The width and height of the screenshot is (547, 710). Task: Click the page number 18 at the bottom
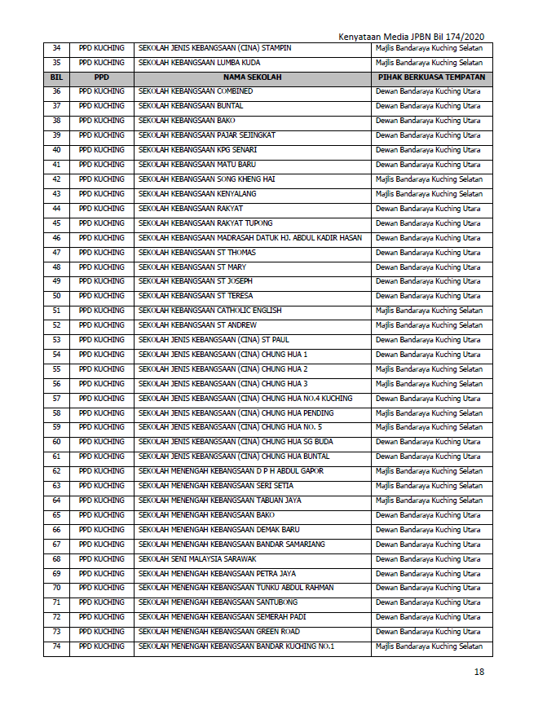479,673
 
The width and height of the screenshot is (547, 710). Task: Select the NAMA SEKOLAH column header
252,77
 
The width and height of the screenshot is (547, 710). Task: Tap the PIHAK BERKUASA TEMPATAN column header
431,77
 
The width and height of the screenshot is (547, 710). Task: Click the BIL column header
56,77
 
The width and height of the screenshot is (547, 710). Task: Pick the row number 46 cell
56,238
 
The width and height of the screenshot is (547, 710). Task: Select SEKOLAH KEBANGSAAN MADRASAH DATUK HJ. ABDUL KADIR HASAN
250,238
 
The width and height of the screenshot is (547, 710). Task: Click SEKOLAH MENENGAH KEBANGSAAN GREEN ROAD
219,632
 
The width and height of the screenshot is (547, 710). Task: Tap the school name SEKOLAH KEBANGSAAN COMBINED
196,91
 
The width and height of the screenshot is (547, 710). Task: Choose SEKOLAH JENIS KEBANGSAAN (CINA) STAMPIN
215,48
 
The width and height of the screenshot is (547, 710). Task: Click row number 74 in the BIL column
56,646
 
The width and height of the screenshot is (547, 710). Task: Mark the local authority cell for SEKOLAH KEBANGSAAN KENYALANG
429,194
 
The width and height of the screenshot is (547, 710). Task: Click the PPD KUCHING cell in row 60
101,442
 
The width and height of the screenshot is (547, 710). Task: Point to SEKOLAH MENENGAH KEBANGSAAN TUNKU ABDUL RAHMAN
236,588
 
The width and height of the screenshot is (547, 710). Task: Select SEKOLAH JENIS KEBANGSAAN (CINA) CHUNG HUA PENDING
236,413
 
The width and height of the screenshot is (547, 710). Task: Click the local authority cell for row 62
429,471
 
